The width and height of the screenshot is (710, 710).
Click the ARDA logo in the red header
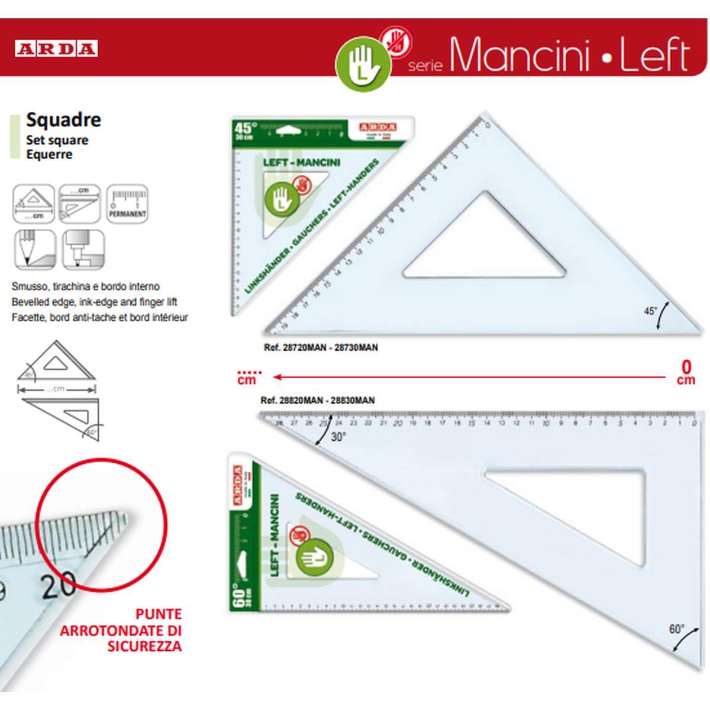pyautogui.click(x=56, y=49)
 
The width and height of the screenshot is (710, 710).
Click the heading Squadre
pyautogui.click(x=63, y=120)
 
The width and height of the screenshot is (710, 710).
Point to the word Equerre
pyautogui.click(x=49, y=154)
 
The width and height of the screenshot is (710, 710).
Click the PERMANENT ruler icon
pyautogui.click(x=127, y=204)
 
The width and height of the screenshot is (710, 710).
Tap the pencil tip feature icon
pyautogui.click(x=34, y=249)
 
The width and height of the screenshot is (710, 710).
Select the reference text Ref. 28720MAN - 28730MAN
pyautogui.click(x=320, y=347)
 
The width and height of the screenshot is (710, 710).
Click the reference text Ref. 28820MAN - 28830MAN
pyautogui.click(x=318, y=401)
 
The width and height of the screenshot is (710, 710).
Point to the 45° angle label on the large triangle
pyautogui.click(x=650, y=311)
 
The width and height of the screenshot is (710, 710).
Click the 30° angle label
pyautogui.click(x=338, y=437)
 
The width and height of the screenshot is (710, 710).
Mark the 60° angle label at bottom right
pyautogui.click(x=676, y=630)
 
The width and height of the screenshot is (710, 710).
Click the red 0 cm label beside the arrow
pyautogui.click(x=686, y=372)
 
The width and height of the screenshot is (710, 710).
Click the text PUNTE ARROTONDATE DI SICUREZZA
pyautogui.click(x=121, y=630)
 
